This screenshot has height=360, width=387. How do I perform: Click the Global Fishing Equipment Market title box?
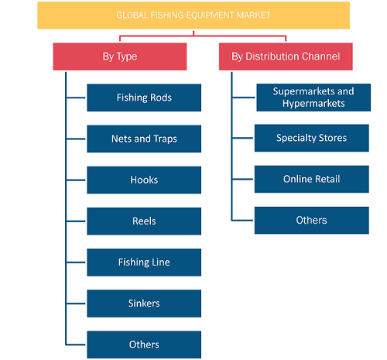[193, 15]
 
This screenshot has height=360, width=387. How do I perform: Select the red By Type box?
[120, 57]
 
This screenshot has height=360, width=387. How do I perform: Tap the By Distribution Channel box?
[286, 57]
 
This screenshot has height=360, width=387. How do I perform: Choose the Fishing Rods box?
[144, 98]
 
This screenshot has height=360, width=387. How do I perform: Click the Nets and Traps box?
[144, 139]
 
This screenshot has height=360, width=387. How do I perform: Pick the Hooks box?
[144, 180]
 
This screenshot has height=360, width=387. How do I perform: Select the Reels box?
[144, 221]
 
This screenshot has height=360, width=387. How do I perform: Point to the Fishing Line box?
[144, 262]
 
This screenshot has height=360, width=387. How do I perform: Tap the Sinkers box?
[144, 303]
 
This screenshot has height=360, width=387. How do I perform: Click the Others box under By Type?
[144, 345]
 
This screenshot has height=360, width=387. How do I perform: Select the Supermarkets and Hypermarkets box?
[313, 98]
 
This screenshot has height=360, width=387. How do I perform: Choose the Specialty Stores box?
[312, 138]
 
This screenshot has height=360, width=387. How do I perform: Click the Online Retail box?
[312, 179]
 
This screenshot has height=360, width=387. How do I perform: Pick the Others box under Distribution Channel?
[312, 220]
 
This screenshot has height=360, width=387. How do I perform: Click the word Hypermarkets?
[313, 104]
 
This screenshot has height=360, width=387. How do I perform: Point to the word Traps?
[165, 139]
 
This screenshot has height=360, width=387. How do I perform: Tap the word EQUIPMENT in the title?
[210, 15]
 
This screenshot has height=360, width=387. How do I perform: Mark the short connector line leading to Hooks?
[76, 180]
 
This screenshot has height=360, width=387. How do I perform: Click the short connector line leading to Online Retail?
[242, 179]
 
